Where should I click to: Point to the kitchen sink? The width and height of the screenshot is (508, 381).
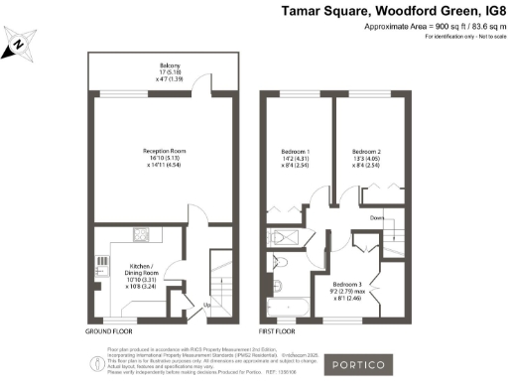(101, 263)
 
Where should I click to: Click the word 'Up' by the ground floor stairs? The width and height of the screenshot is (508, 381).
(205, 304)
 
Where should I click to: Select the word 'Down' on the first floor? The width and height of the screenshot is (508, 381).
(378, 218)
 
